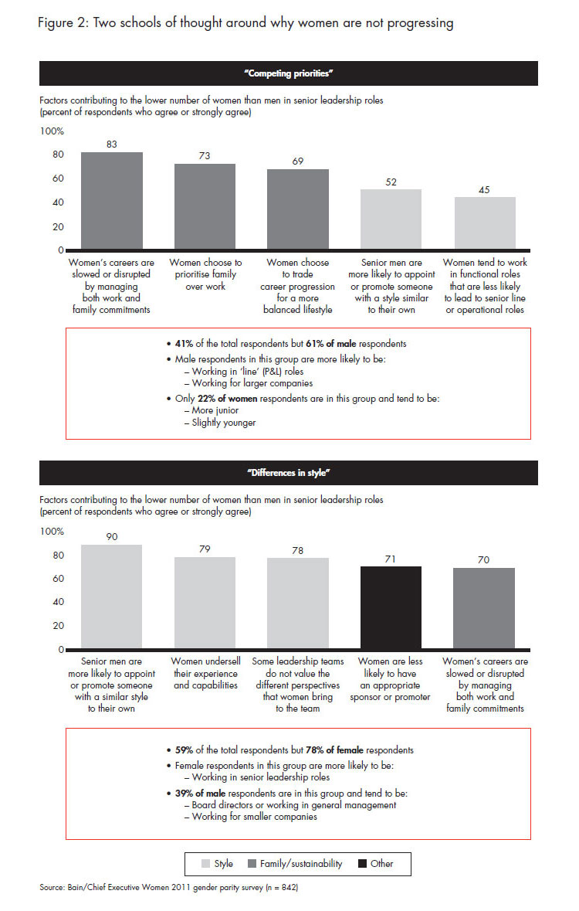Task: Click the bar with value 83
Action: click(112, 201)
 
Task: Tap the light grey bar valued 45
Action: click(485, 224)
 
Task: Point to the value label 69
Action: click(298, 161)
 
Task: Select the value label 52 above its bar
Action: click(391, 182)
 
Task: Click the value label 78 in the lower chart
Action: click(298, 550)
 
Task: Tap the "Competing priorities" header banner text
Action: click(289, 73)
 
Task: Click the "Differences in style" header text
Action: click(289, 472)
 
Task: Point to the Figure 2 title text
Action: click(245, 23)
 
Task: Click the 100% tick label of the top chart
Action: click(52, 131)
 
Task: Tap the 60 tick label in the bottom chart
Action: click(58, 579)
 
